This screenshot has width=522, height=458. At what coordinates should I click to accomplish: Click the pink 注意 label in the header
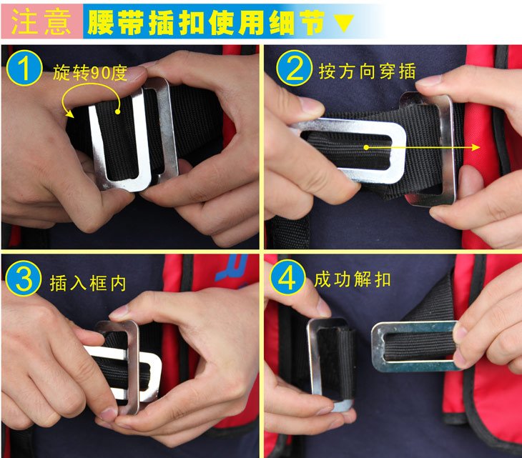coord(41,21)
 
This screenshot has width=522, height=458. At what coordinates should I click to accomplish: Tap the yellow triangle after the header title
coord(343,23)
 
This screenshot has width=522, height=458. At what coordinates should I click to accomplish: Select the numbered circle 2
coord(294,68)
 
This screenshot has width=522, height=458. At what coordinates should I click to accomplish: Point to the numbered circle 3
coord(24,279)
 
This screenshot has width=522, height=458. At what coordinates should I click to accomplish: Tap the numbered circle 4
coord(287,277)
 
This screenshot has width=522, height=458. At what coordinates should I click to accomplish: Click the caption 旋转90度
coord(90,73)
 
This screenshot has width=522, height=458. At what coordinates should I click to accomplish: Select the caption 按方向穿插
coord(368,71)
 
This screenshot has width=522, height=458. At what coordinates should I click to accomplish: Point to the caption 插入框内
coord(88,284)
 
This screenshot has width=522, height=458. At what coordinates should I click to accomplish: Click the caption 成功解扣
coord(353,279)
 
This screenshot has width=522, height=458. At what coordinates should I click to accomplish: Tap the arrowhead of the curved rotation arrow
coord(69,113)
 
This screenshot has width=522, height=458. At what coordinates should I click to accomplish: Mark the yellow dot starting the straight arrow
coord(366,147)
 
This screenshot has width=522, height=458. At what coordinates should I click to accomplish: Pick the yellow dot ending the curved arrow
coord(117,111)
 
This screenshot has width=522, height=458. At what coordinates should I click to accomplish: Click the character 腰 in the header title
coord(102,22)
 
